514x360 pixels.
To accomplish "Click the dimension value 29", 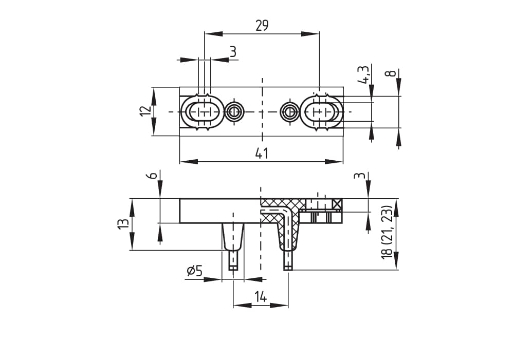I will [262, 25].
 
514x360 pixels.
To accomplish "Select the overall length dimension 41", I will [262, 153].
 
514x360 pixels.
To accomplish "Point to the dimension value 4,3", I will [364, 74].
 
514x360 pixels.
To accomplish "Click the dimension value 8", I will [392, 73].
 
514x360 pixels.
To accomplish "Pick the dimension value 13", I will [123, 224].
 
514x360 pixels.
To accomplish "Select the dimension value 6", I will [151, 175].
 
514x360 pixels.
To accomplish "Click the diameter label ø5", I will [195, 271].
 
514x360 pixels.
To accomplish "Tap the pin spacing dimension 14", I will [261, 296].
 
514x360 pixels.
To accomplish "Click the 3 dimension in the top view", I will [233, 52].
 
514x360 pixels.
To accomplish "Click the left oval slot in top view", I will [203, 111].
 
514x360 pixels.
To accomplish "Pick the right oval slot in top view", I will [322, 111].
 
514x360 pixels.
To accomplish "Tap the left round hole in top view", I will [235, 111].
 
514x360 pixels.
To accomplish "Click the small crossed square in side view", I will [337, 204].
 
